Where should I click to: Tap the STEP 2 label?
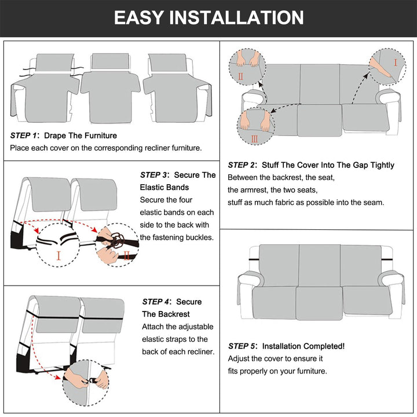coord(242,165)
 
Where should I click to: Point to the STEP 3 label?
coord(154,175)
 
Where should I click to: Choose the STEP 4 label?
coord(156,302)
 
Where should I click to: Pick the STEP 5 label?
coord(242,346)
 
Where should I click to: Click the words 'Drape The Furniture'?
coord(81,136)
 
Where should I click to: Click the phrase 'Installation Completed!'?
coord(303,346)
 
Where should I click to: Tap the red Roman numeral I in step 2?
coord(395,62)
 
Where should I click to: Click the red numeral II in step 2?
coord(240,76)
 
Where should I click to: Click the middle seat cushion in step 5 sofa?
coord(319,300)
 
